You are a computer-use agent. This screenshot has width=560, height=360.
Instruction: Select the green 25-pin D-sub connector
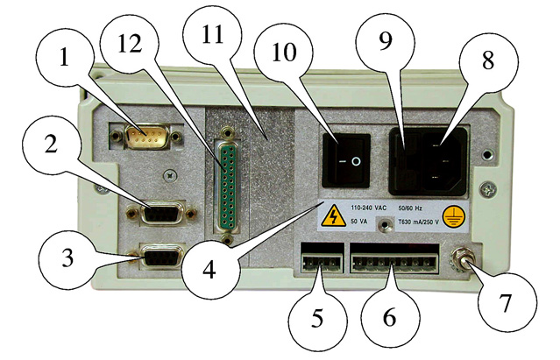tap(227, 184)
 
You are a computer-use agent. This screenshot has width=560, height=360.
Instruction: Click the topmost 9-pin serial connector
tap(145, 136)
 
